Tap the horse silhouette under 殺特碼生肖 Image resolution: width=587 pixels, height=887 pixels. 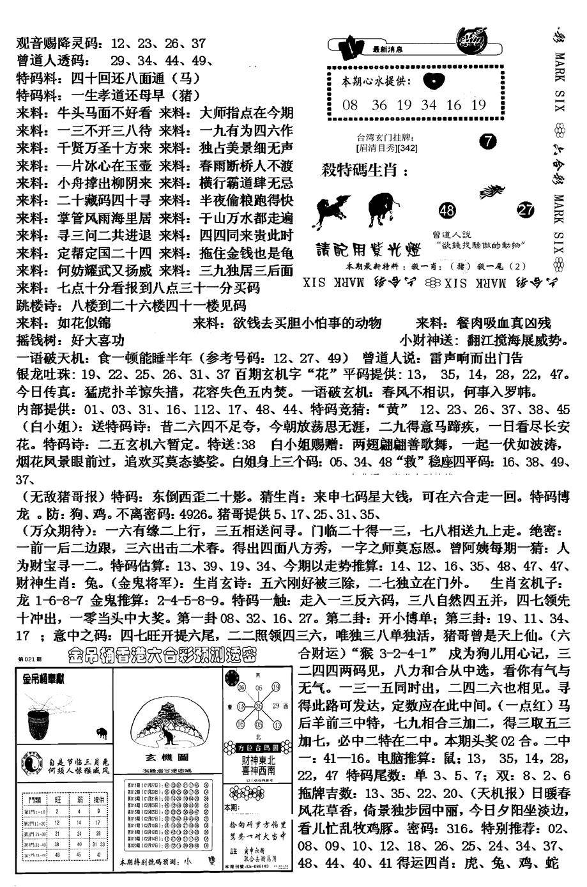click(x=332, y=210)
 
